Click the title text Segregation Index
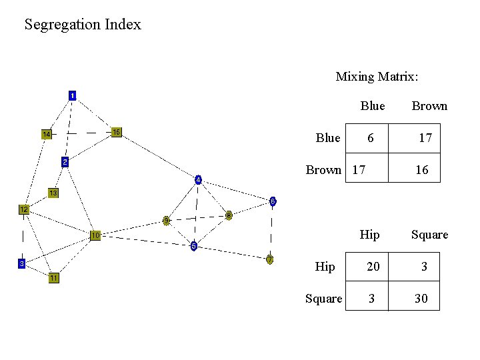click(83, 25)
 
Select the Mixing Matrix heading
click(377, 77)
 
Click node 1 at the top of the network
click(72, 95)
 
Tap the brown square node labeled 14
click(47, 134)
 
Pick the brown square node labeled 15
click(116, 132)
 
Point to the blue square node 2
click(65, 162)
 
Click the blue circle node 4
click(198, 179)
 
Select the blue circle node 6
click(272, 201)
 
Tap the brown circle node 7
click(269, 259)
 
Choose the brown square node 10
click(96, 235)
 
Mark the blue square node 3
click(21, 263)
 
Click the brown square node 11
click(53, 278)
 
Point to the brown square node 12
click(23, 209)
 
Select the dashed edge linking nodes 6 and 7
click(271, 230)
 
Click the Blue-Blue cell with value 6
click(370, 138)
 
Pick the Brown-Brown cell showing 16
click(421, 170)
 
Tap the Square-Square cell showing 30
click(421, 299)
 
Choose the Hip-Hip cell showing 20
click(373, 267)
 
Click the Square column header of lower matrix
click(429, 235)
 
